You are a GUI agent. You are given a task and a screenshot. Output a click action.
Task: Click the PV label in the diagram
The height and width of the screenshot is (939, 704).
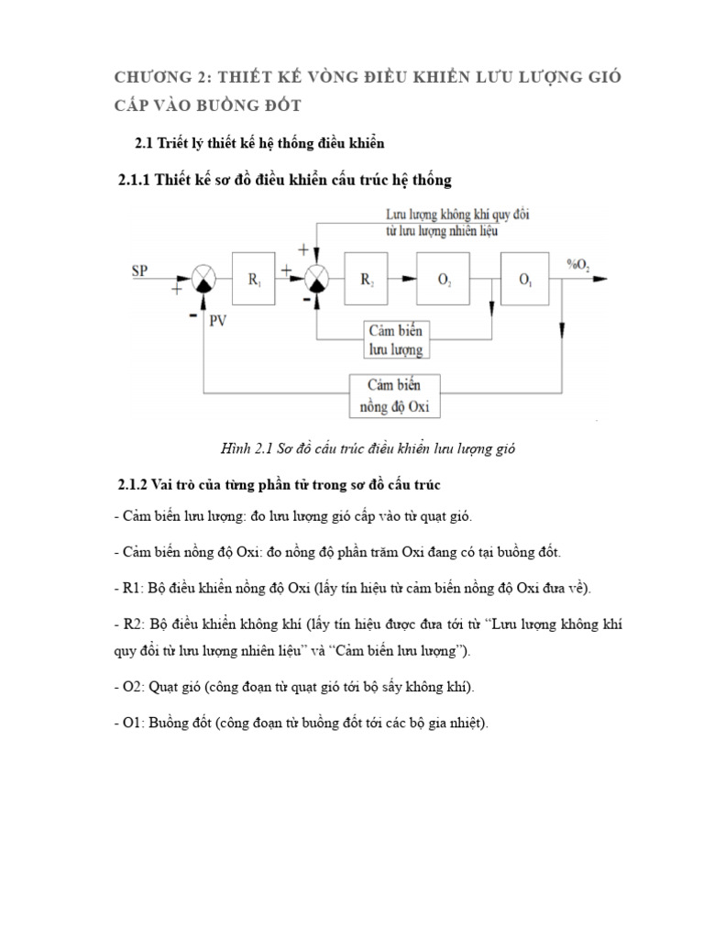(220, 323)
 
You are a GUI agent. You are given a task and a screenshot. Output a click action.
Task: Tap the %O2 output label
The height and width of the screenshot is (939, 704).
(578, 267)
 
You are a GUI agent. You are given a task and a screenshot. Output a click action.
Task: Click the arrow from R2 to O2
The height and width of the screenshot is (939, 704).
(405, 278)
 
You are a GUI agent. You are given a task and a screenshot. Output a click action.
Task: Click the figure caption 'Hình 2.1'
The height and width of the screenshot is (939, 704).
(247, 447)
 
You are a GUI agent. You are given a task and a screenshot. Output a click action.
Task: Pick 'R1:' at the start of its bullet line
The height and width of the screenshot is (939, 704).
(134, 587)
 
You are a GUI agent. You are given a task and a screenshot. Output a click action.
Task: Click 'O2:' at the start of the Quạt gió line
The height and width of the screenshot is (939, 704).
(135, 687)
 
